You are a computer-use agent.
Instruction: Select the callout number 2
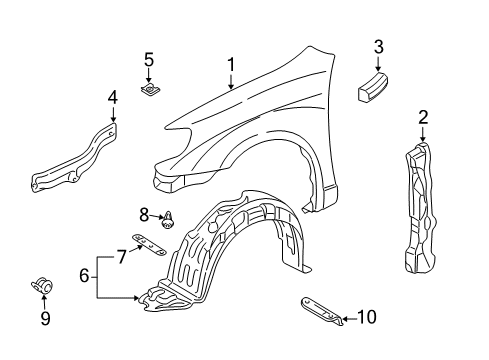[x=423, y=119]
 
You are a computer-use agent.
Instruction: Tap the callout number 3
[x=378, y=46]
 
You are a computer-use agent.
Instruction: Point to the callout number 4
[x=112, y=98]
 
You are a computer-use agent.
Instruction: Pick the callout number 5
[x=149, y=60]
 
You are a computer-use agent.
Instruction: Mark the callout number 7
[x=121, y=258]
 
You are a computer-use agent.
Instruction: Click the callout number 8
[x=144, y=213]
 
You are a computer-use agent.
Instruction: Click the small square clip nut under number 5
[x=150, y=91]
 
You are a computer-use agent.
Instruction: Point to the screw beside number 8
[x=168, y=216]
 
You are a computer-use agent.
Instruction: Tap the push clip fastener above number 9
[x=43, y=289]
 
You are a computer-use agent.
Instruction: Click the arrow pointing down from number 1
[x=231, y=82]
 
